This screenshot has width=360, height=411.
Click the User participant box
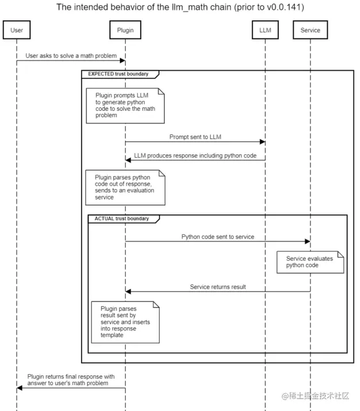tap(17, 30)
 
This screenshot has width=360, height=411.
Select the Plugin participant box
tap(125, 30)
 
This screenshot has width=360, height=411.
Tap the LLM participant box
tap(265, 30)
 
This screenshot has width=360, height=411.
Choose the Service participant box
tap(310, 30)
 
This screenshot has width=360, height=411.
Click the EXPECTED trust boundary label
tap(119, 74)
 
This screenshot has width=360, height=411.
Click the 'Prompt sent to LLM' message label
tap(195, 137)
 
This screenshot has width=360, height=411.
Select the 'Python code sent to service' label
tap(217, 236)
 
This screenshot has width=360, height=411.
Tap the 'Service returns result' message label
tap(218, 286)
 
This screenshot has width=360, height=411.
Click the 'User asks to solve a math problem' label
tap(71, 56)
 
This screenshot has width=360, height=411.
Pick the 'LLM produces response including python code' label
tap(195, 156)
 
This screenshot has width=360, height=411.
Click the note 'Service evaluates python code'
tap(310, 262)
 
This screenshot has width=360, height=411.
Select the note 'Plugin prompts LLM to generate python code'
tap(125, 105)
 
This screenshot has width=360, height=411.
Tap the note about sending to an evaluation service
tap(125, 187)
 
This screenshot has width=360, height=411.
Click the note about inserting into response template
tap(125, 322)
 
